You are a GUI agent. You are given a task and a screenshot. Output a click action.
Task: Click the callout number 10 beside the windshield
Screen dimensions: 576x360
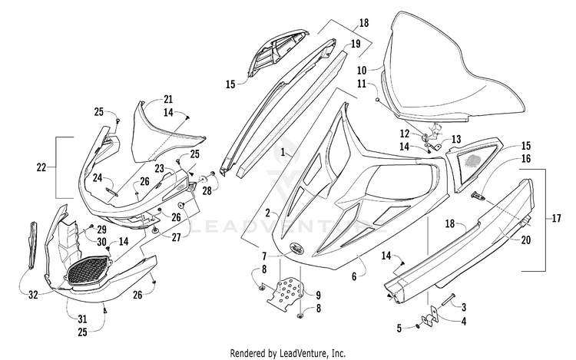(362, 70)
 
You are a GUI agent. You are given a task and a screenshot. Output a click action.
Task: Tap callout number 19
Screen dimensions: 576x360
(356, 45)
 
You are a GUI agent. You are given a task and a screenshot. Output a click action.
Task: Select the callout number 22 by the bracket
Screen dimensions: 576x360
(41, 167)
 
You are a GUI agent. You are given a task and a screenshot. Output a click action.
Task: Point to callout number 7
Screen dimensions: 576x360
(263, 256)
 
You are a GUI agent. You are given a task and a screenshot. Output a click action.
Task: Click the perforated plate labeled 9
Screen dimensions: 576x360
(287, 291)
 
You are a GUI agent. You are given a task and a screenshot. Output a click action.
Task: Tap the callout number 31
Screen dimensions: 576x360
(82, 319)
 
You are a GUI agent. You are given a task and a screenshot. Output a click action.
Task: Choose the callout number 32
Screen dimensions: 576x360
(33, 295)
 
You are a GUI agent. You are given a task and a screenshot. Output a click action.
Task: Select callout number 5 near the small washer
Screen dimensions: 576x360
(399, 328)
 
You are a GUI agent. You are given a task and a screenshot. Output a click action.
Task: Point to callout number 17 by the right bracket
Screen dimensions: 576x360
(556, 219)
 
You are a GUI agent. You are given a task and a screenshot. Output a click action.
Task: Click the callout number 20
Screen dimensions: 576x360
(526, 240)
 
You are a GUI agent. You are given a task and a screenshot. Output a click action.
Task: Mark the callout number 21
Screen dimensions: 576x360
(168, 100)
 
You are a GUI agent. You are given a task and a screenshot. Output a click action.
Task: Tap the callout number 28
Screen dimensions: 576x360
(207, 191)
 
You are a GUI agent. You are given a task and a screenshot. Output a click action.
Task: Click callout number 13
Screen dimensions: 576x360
(456, 140)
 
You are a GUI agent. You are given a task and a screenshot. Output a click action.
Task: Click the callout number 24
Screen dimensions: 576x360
(97, 177)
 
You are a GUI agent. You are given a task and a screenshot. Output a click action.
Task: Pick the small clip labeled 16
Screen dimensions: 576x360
(478, 196)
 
